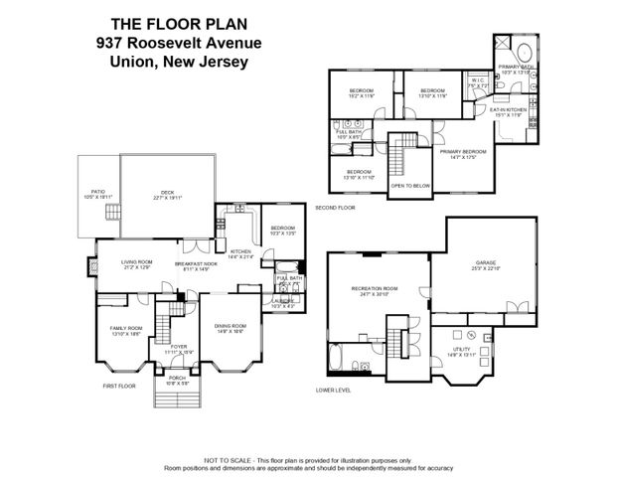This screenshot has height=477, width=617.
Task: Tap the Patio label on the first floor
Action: (x=97, y=194)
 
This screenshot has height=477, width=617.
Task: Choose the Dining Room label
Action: (x=231, y=327)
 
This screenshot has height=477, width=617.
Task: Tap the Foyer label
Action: (x=179, y=348)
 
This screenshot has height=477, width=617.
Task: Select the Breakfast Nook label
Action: (x=197, y=264)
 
